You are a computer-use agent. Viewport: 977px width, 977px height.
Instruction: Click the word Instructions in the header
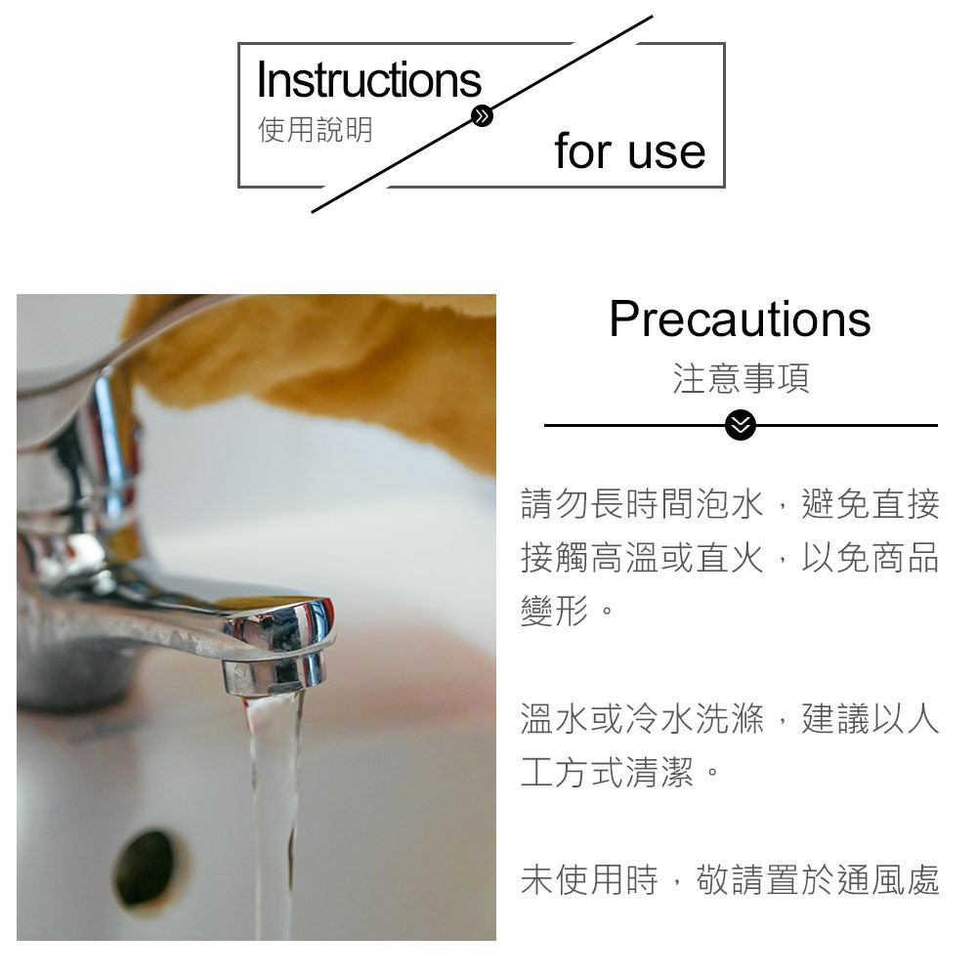(x=368, y=80)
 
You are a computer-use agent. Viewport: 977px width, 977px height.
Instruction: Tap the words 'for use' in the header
(x=629, y=151)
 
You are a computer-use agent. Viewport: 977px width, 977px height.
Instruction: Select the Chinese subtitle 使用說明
(x=315, y=129)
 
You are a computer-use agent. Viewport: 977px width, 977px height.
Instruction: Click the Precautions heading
(x=740, y=319)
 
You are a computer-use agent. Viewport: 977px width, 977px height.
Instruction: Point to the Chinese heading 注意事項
(x=741, y=378)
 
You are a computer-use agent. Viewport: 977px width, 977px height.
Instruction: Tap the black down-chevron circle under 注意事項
(x=741, y=425)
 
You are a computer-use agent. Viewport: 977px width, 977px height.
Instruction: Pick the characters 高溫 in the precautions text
(x=624, y=559)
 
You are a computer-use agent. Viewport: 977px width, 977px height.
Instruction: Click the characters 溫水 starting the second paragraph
(x=554, y=720)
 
